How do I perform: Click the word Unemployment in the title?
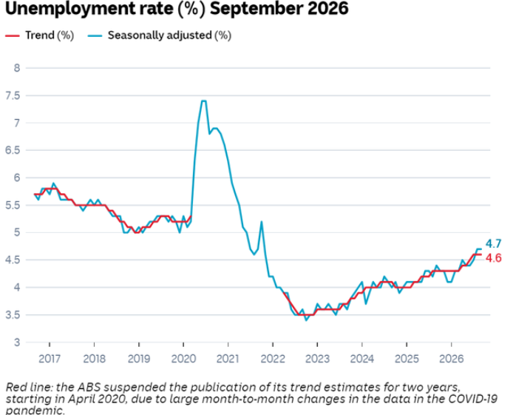89,9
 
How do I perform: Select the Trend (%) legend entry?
40,36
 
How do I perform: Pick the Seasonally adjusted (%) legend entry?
160,36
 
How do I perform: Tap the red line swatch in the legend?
13,36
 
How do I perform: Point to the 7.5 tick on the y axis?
13,95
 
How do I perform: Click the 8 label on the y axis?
17,68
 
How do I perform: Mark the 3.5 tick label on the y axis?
13,315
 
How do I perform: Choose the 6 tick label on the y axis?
17,178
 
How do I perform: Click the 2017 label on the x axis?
50,359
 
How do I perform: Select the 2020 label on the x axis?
183,359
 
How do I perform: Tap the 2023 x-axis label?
317,359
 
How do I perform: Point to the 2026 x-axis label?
452,359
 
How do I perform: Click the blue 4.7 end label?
493,244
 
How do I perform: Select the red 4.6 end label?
493,258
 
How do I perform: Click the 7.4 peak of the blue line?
203,101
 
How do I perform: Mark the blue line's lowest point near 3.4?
306,320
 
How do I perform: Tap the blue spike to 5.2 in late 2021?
262,222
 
